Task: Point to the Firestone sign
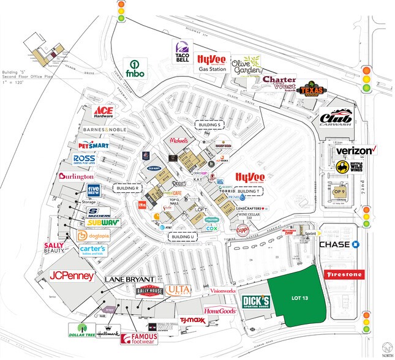[x=344, y=275]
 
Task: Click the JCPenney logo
[x=72, y=276]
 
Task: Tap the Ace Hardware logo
[x=105, y=112]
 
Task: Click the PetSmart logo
[x=93, y=146]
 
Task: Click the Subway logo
[x=102, y=223]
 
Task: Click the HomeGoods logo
[x=220, y=311]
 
